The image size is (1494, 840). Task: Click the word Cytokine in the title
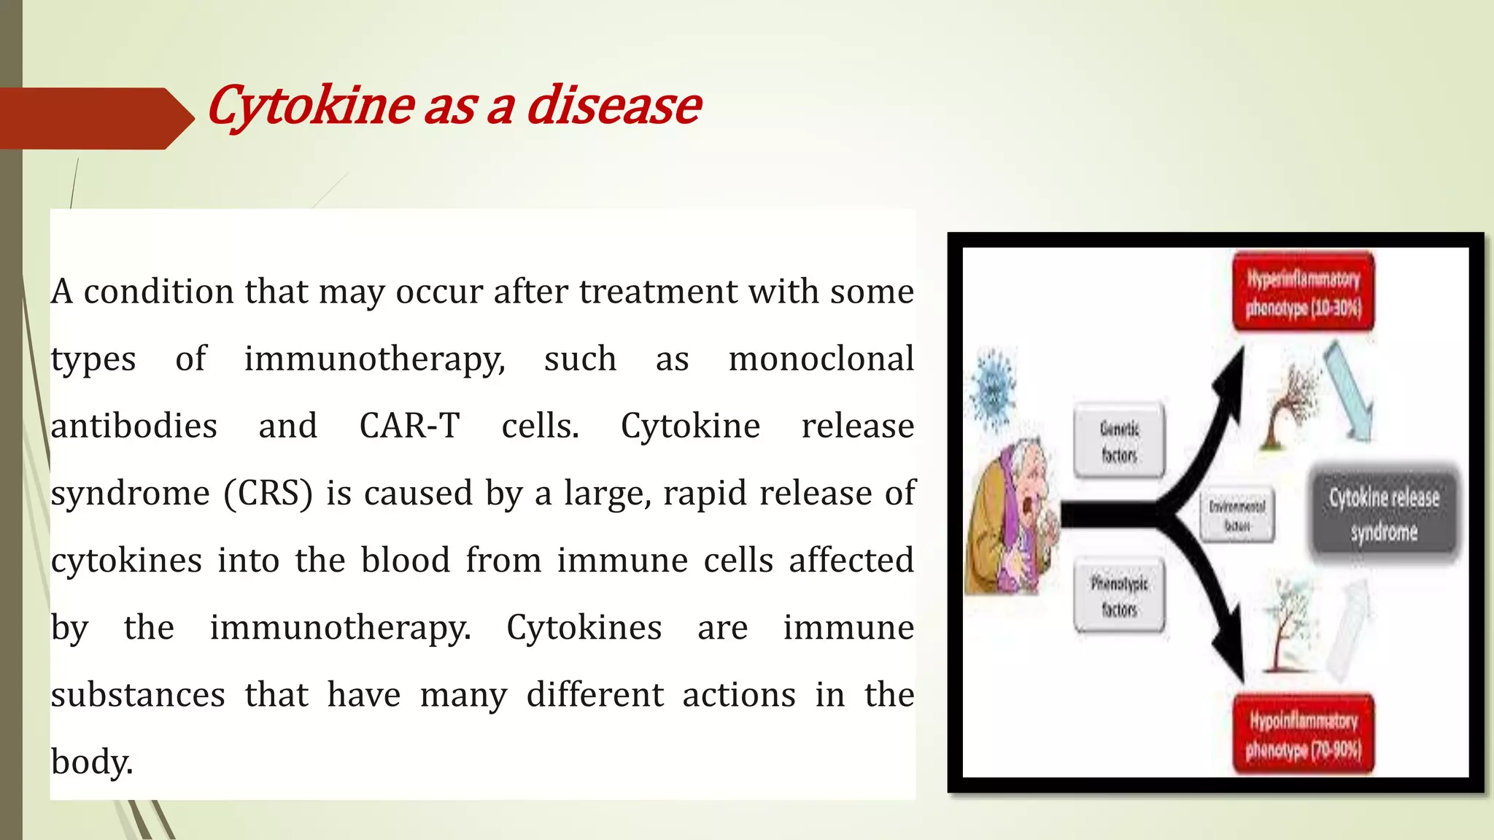click(x=311, y=106)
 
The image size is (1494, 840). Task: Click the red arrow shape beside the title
click(x=95, y=118)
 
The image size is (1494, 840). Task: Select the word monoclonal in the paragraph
click(x=821, y=359)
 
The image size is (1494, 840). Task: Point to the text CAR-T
click(x=409, y=426)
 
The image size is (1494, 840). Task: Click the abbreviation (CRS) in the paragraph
click(x=268, y=494)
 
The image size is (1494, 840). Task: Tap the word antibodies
click(x=134, y=426)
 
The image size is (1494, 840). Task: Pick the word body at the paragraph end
click(x=91, y=762)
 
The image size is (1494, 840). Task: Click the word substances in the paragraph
click(x=138, y=695)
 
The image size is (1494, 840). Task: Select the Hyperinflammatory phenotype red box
click(x=1303, y=292)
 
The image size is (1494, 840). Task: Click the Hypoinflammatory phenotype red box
click(x=1303, y=734)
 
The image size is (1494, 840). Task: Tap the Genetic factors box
click(x=1119, y=441)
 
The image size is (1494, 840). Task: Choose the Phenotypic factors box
click(x=1119, y=596)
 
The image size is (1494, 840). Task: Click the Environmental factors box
click(x=1237, y=515)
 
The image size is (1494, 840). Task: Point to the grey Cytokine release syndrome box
click(x=1384, y=514)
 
